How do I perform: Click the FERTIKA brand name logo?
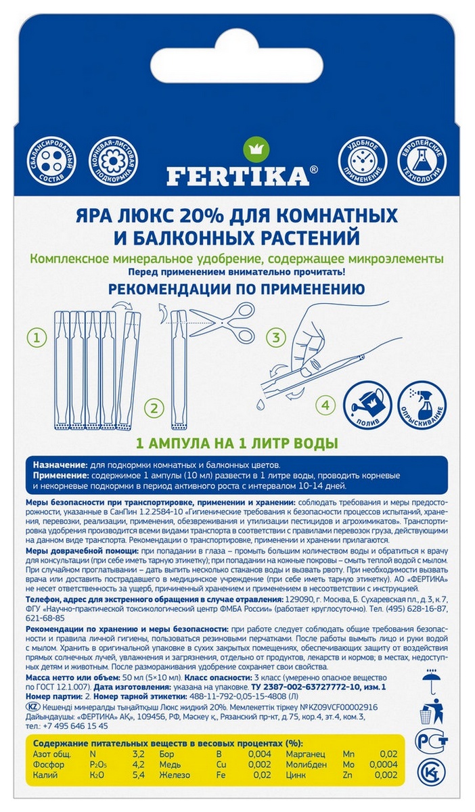pyautogui.click(x=237, y=176)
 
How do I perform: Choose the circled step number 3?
pyautogui.click(x=275, y=336)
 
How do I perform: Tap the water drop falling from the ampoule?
pyautogui.click(x=260, y=401)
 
